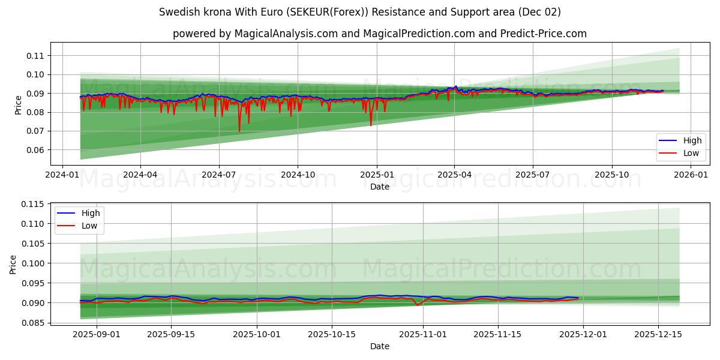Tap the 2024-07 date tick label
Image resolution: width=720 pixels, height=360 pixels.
218,175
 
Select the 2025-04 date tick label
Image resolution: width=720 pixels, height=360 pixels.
454,175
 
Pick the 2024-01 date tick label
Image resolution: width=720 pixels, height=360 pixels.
63,175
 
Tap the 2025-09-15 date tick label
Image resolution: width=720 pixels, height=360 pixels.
171,334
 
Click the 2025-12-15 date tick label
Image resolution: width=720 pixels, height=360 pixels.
658,334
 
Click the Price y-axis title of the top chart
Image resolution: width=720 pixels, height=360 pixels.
19,104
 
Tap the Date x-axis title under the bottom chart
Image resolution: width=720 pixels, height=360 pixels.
379,346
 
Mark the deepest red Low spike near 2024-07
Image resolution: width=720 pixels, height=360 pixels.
239,131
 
